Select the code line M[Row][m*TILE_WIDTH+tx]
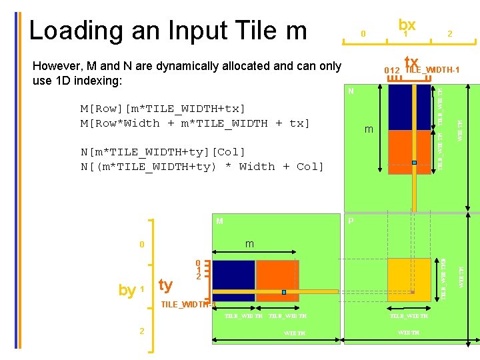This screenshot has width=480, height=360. [163, 108]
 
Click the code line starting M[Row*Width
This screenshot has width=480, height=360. [195, 123]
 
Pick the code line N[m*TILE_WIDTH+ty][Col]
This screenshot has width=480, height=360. [163, 151]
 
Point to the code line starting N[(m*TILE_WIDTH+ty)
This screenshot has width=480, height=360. [202, 166]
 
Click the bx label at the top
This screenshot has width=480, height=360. [407, 25]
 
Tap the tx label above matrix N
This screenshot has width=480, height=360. [411, 62]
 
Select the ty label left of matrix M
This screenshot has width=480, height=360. [166, 285]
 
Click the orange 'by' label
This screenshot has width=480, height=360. [127, 290]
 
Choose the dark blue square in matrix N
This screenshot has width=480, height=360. [409, 107]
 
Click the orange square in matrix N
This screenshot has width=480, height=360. [409, 152]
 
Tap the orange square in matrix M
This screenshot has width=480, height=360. [277, 281]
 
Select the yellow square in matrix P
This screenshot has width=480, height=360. [409, 279]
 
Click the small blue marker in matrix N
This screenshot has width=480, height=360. [414, 162]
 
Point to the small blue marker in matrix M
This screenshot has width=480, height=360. [283, 292]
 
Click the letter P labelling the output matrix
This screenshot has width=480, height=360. [351, 221]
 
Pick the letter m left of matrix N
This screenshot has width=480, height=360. [369, 129]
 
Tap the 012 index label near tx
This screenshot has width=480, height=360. [392, 71]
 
